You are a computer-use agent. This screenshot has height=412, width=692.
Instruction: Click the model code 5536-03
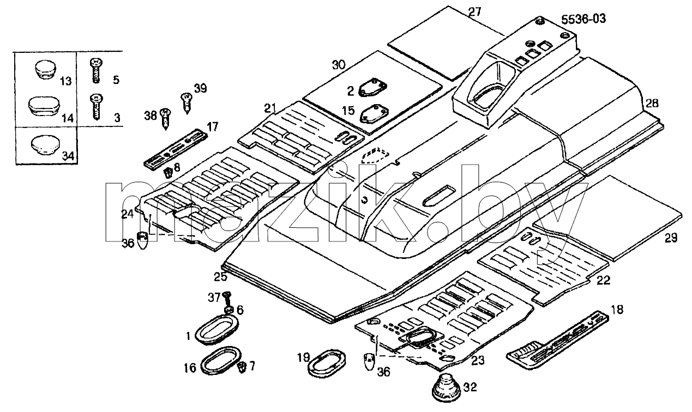click(583, 19)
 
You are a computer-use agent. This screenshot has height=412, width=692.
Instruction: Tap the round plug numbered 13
click(45, 70)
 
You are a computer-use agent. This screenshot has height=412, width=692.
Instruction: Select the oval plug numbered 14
click(43, 107)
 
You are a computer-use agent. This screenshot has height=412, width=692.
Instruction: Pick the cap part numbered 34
click(45, 144)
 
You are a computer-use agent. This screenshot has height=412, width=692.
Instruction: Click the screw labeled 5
click(96, 71)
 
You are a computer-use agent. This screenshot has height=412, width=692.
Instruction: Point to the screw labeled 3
click(96, 107)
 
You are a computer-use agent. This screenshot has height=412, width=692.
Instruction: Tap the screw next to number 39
click(186, 103)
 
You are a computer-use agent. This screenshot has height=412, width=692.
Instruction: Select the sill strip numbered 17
click(176, 149)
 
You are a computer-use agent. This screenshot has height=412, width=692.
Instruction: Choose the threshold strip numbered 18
click(558, 340)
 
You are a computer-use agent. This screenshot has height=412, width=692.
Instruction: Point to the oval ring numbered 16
click(220, 360)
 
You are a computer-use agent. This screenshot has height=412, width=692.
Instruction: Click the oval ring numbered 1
click(216, 328)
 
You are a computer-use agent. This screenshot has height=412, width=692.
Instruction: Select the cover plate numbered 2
click(373, 88)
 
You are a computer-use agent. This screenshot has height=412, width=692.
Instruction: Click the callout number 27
click(474, 12)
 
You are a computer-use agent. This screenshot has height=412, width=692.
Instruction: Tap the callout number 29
click(671, 238)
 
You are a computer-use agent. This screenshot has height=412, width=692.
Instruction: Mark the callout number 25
click(220, 277)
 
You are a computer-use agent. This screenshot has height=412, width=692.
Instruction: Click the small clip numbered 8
click(168, 173)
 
